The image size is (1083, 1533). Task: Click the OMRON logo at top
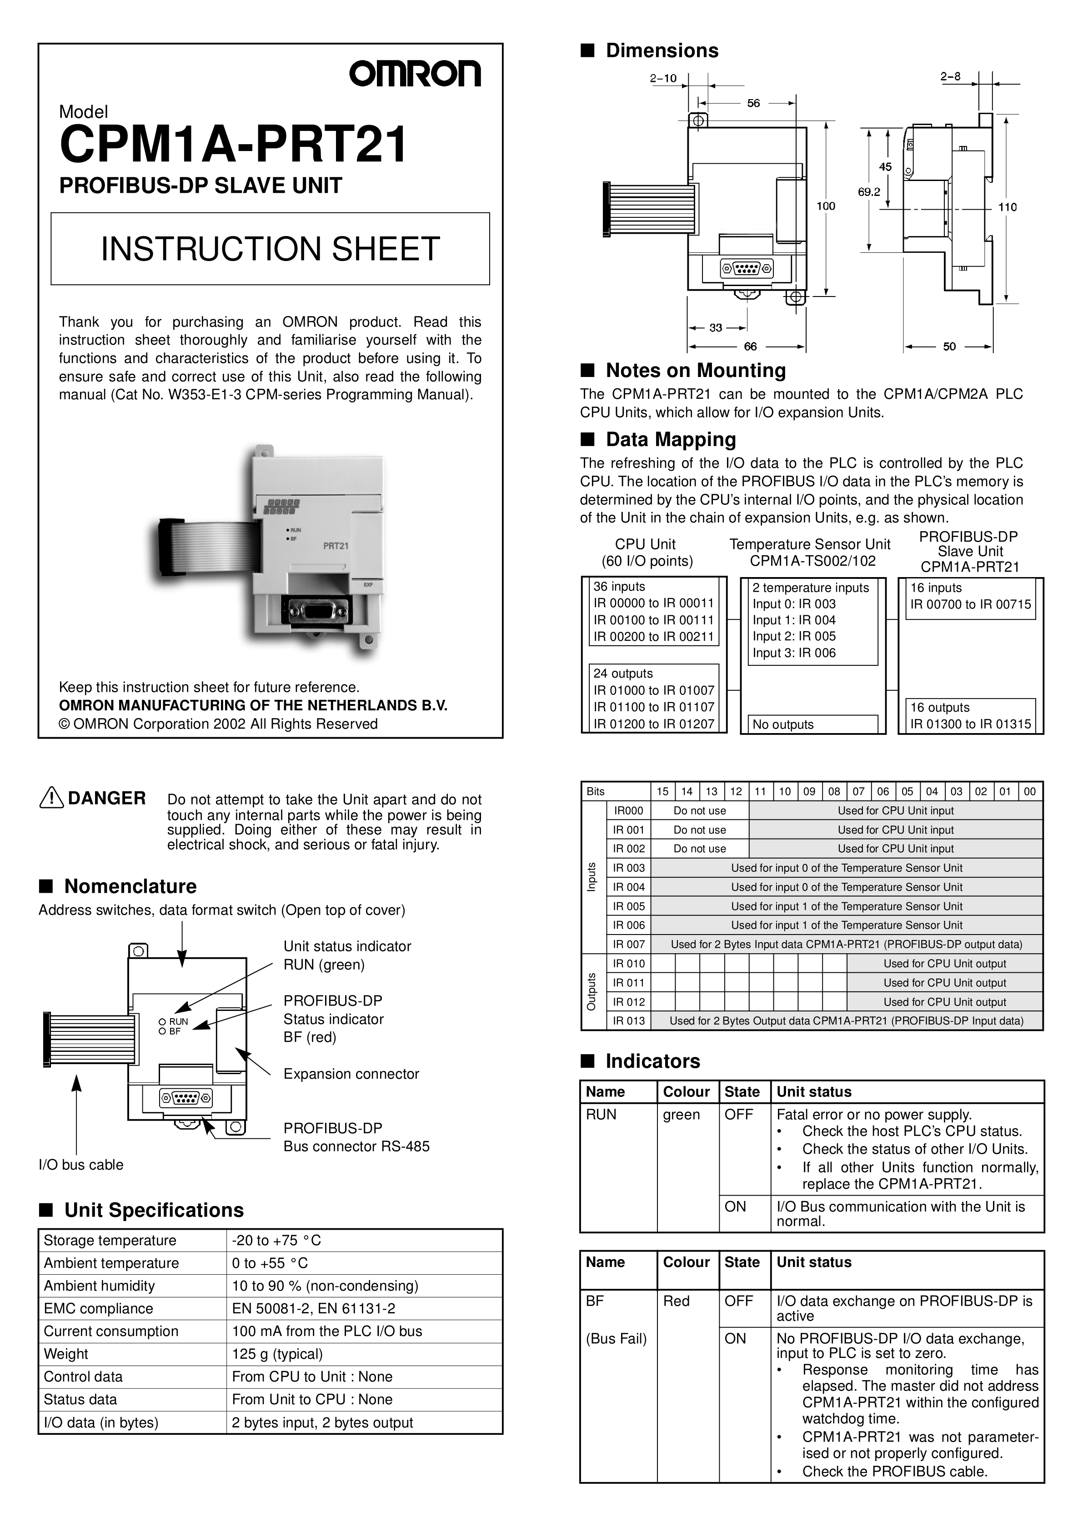click(x=414, y=74)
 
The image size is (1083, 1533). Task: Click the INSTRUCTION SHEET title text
click(x=271, y=249)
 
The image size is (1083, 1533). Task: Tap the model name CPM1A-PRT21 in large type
click(x=233, y=145)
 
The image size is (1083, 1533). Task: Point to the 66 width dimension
click(x=751, y=347)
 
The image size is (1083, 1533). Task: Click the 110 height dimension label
click(x=1007, y=207)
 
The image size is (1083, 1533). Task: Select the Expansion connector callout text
click(x=351, y=1074)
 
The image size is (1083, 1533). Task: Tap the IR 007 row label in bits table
click(x=628, y=944)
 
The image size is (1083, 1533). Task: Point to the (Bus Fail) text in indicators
click(x=616, y=1339)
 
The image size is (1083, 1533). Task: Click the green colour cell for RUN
click(x=681, y=1114)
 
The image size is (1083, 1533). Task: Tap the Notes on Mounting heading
click(x=695, y=371)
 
